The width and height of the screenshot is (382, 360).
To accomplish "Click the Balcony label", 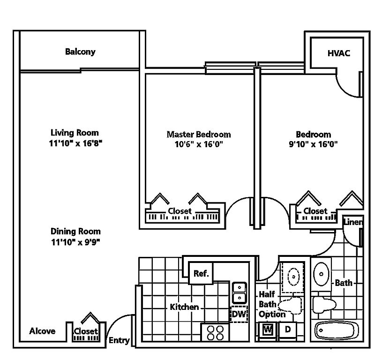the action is pos(80,52).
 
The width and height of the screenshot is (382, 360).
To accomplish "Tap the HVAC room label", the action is pos(338,53).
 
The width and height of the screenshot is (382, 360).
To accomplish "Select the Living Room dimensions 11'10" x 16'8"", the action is pos(75,143).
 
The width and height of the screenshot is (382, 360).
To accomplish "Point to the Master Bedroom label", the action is pos(199,134).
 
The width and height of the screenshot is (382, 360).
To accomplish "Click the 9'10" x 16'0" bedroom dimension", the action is pos(313,144).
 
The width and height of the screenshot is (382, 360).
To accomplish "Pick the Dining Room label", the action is pos(75,231).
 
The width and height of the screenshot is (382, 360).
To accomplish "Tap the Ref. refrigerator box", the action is pos(201,273).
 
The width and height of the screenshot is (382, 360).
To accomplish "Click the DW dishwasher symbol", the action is pos(239,314).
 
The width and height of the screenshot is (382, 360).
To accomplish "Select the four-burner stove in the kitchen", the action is pos(215,332).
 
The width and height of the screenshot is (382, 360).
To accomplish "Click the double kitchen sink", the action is pos(239,293).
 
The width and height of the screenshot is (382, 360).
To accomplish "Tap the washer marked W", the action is pos(268,330).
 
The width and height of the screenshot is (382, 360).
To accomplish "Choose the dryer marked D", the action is pos(288,330).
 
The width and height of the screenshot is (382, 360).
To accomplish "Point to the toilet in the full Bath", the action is pos(324,305).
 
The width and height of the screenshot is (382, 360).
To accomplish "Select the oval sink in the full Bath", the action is pos(321,274).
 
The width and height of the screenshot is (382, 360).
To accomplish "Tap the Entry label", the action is pos(119,340).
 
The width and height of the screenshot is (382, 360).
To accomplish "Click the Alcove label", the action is pos(42,331).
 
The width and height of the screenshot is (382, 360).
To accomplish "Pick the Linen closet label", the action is pos(353,222).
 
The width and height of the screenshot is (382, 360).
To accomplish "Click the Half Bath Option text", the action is pos(272,304).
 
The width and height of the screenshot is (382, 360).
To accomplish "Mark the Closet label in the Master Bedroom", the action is pos(180,211).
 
